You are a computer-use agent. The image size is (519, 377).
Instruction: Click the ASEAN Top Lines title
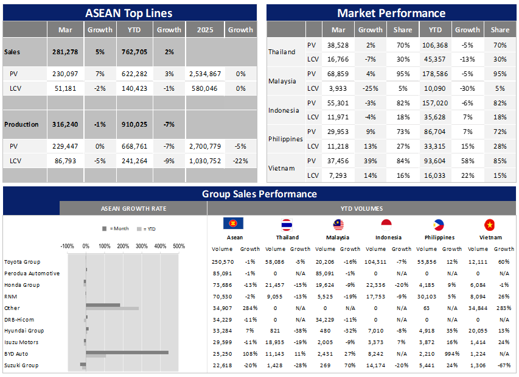coord(128,13)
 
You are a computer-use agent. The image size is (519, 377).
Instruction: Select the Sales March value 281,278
coord(66,52)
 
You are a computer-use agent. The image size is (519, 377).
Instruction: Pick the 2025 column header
coord(204,30)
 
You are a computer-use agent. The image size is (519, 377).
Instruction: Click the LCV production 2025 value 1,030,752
coord(204,161)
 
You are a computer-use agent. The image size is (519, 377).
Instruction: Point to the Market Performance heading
coord(391,13)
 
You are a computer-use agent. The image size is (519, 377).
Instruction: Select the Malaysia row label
coord(282,81)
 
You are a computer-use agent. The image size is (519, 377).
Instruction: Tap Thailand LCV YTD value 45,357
coord(435,60)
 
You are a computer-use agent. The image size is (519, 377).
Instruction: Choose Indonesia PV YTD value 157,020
coord(435,103)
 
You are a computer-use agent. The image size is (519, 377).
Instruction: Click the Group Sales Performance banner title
coord(259,194)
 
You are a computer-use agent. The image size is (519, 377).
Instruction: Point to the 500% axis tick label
coord(179,247)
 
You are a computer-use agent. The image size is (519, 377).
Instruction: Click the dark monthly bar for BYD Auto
coord(127,352)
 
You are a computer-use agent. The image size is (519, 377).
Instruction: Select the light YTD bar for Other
coord(112,309)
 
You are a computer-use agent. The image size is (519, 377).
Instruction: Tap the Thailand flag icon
coord(287,224)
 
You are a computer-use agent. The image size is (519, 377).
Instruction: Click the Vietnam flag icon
coord(490,224)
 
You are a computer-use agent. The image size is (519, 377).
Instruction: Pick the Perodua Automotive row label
coord(32,273)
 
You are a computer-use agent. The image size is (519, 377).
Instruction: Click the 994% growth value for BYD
coord(452,354)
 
